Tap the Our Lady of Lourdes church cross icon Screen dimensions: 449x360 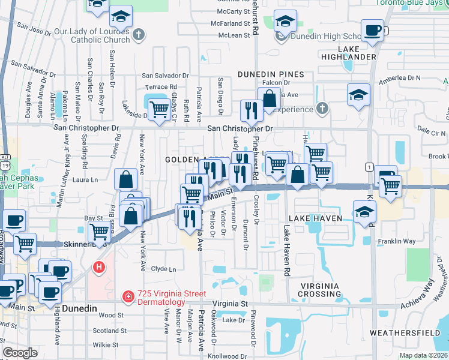139,34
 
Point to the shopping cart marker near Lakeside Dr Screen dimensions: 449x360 158,110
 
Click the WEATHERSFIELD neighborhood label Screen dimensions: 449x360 405,332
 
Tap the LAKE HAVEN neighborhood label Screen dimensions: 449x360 315,218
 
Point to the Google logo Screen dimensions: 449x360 20,353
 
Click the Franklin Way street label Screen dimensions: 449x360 397,241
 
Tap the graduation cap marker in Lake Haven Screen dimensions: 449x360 364,212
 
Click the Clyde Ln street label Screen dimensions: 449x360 164,269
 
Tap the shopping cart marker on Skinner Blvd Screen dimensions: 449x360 99,231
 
